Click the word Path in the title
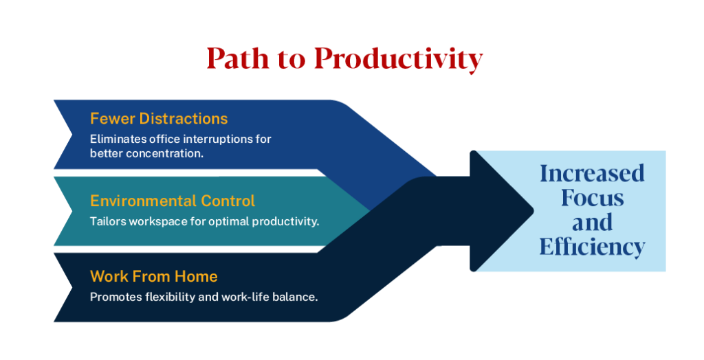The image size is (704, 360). pyautogui.click(x=236, y=60)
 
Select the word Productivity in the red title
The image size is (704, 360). pyautogui.click(x=398, y=60)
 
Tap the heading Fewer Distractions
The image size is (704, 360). pyautogui.click(x=159, y=119)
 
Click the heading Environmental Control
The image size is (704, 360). pyautogui.click(x=173, y=201)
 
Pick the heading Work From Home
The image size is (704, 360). pyautogui.click(x=154, y=277)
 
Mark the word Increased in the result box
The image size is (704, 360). pyautogui.click(x=592, y=173)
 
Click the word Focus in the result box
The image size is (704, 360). pyautogui.click(x=592, y=198)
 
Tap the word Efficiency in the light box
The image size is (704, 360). pyautogui.click(x=592, y=247)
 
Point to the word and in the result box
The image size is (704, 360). pyautogui.click(x=592, y=222)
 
